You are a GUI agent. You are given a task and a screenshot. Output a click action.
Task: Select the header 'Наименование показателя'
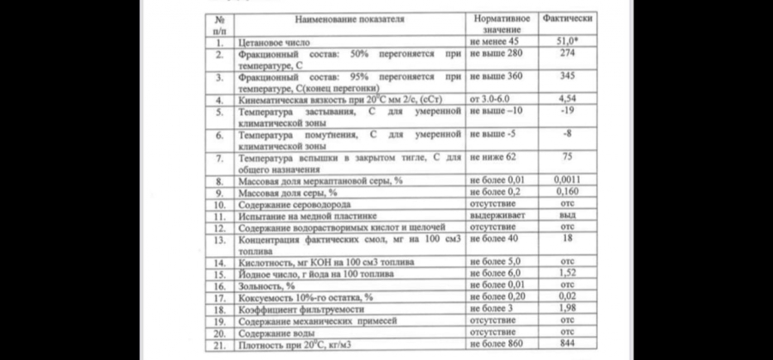coord(350,18)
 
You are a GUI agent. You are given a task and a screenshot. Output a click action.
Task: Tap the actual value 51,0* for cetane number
coord(568,41)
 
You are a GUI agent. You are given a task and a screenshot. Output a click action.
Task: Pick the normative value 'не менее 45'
coord(495,41)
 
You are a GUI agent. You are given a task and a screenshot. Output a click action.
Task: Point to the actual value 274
coord(567,53)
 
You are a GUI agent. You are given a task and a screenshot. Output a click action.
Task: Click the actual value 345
coord(567,76)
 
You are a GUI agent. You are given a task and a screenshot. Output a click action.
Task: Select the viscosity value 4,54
coord(567,100)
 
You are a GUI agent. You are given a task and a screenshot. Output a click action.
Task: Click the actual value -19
coord(567,111)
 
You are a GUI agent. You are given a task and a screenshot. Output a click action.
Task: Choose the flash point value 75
coord(567,157)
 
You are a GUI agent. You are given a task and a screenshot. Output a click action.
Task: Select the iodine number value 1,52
coord(567,273)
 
